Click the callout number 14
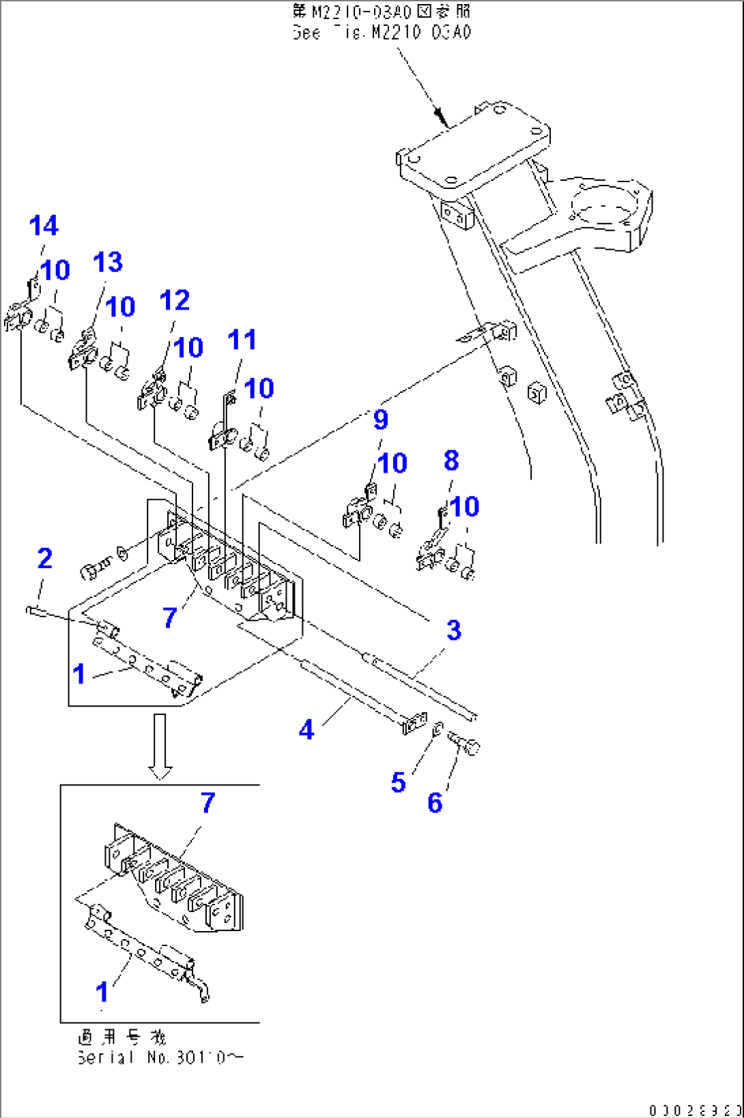[x=44, y=226]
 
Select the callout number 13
[x=107, y=262]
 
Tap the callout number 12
[x=174, y=300]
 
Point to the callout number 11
[x=242, y=340]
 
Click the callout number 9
[x=381, y=420]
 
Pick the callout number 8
[x=451, y=460]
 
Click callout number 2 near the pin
[x=44, y=559]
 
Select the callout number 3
[x=454, y=630]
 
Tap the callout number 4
[x=306, y=730]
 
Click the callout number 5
[x=398, y=782]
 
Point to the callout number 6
[x=435, y=803]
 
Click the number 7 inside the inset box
[x=208, y=803]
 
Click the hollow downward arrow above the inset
[x=160, y=746]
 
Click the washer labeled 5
[x=439, y=729]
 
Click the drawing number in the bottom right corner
[x=694, y=1110]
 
